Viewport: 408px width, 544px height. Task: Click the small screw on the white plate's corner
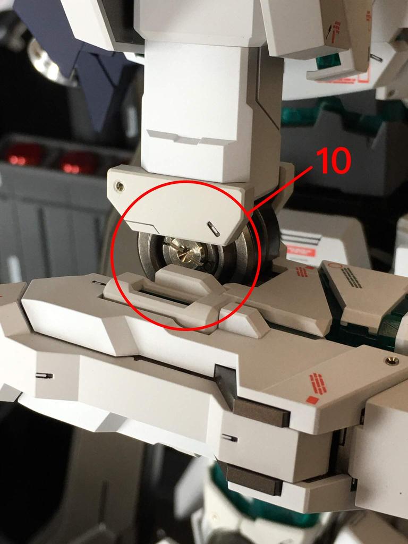[121, 186]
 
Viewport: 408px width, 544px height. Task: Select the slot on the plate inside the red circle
[214, 228]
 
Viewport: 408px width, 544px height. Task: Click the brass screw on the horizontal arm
[392, 361]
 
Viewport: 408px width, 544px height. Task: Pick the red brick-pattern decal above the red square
[317, 383]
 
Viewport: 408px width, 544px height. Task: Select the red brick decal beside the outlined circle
[302, 271]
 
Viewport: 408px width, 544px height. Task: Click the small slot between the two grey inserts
[229, 438]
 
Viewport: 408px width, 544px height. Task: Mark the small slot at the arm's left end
[45, 376]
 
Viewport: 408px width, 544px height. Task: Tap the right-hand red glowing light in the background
[77, 162]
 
